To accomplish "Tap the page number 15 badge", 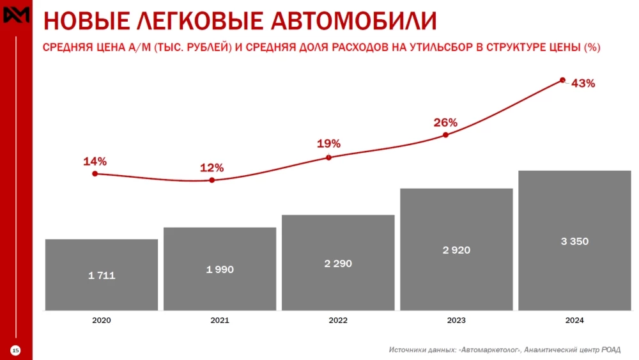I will (16, 350).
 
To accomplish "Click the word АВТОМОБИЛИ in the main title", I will (354, 21).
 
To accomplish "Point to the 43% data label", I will (583, 84).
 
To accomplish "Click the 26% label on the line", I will (445, 122).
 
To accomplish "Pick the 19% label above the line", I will (328, 144).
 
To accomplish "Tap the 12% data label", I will (212, 168).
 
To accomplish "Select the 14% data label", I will (95, 162).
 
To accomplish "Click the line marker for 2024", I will (562, 80).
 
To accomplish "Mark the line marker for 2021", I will (212, 180).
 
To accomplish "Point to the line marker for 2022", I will (328, 157).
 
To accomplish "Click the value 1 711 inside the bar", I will (102, 276).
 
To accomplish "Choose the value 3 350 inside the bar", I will (574, 242).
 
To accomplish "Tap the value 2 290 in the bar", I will (338, 263).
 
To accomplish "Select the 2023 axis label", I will (456, 320).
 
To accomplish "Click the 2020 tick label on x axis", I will (102, 320).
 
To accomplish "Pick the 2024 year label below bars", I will (574, 320).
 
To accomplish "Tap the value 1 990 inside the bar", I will (220, 270).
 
